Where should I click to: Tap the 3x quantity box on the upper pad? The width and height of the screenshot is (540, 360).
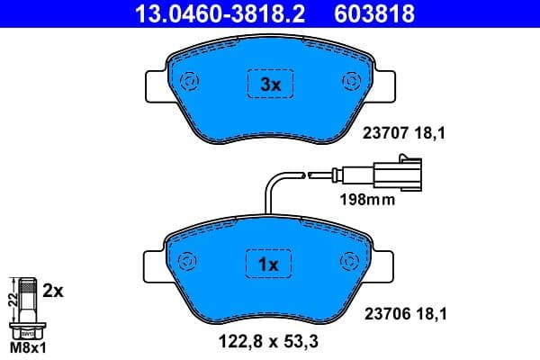[271, 85]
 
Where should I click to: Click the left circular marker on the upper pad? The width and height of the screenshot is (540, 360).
[190, 82]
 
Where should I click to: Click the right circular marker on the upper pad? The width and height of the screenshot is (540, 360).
[350, 82]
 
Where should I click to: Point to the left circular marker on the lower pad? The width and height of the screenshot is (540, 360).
[188, 261]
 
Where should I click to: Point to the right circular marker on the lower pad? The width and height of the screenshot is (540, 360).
[350, 261]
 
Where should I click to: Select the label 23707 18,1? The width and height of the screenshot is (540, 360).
[403, 134]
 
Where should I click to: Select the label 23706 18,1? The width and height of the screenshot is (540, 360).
[403, 314]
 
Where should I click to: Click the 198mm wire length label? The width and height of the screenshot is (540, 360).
[366, 200]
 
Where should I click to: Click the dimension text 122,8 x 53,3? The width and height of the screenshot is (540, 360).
[271, 342]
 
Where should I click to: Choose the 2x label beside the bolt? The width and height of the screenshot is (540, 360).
[55, 291]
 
